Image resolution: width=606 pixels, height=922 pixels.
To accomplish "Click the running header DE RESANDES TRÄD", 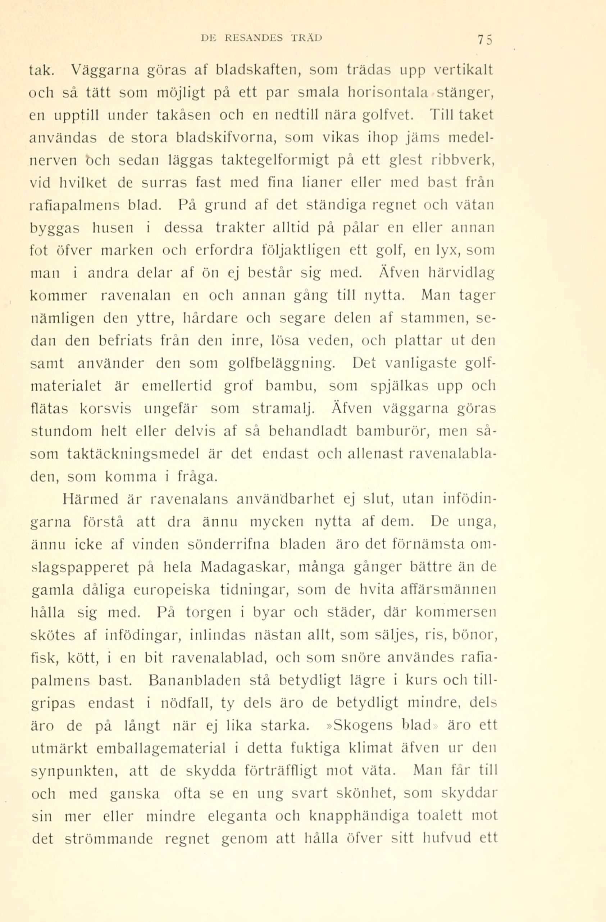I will [x=262, y=37].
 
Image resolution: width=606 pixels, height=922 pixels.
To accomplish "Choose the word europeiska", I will [x=172, y=590].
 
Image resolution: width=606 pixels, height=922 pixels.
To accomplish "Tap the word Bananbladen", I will [x=194, y=680].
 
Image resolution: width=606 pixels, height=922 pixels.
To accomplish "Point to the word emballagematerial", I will [x=161, y=748].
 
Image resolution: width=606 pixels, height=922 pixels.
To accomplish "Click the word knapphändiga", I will [x=359, y=816].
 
